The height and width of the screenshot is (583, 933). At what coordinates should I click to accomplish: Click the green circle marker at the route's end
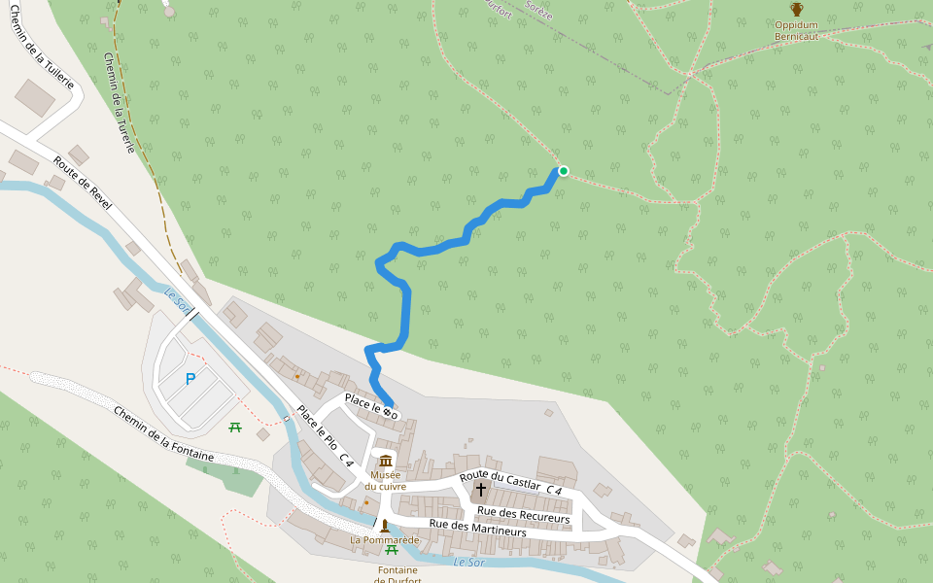(x=563, y=171)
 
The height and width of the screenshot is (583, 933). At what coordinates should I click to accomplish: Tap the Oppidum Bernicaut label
(x=796, y=30)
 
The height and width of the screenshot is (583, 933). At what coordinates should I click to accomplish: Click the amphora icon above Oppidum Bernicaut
(x=796, y=10)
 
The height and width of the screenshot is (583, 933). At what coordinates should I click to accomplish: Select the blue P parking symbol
(x=190, y=379)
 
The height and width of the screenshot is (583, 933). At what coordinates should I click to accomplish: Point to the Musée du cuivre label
(x=386, y=480)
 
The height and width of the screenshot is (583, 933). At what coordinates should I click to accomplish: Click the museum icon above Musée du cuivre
(x=386, y=461)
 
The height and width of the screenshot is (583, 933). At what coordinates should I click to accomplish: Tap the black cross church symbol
(x=480, y=489)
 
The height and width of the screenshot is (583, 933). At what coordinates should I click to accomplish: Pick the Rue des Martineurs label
(x=477, y=529)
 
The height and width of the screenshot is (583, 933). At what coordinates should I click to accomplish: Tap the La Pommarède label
(x=385, y=539)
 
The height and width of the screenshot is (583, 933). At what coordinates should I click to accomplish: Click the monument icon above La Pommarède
(x=385, y=525)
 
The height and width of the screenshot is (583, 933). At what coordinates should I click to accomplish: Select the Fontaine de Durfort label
(x=397, y=575)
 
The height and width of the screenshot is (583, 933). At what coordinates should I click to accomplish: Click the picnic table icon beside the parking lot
(x=235, y=427)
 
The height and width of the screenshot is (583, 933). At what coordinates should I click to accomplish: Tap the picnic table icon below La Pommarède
(x=392, y=550)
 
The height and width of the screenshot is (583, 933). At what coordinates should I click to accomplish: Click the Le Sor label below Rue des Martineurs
(x=470, y=563)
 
